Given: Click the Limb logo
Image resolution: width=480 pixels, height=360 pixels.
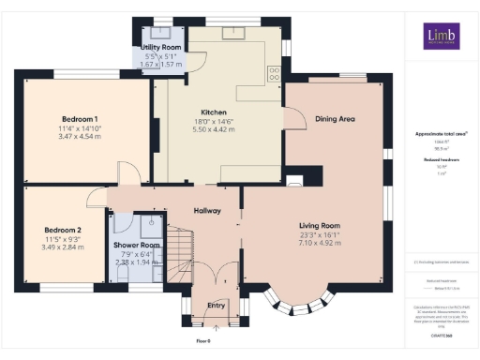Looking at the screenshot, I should (x=440, y=36).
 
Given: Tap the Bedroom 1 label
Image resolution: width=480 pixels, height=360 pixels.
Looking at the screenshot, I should (x=80, y=119).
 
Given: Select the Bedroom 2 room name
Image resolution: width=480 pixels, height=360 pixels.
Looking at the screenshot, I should (x=63, y=229).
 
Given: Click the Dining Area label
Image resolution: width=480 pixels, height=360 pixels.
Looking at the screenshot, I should (x=335, y=119).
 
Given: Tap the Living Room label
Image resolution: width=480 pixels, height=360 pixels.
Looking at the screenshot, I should (x=319, y=226).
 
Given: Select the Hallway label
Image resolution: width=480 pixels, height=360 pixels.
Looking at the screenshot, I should (x=207, y=211).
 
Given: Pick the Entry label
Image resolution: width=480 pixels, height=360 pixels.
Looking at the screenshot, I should (x=216, y=305).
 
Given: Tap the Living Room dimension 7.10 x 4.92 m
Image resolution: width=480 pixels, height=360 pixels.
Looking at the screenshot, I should (x=319, y=243).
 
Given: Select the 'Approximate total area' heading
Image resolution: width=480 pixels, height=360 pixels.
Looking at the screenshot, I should (x=441, y=134).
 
